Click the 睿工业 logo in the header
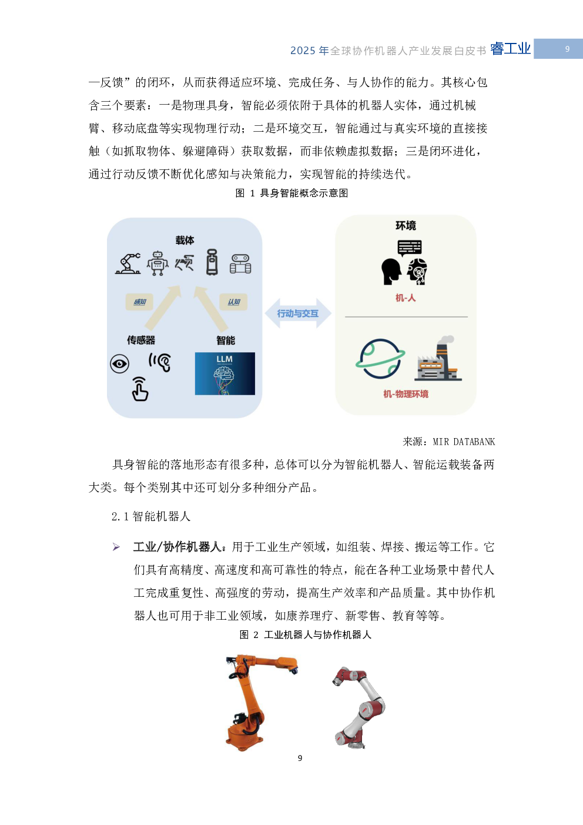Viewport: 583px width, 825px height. pyautogui.click(x=510, y=49)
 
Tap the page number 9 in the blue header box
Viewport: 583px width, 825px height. pyautogui.click(x=567, y=49)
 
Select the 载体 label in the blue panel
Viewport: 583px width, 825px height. pyautogui.click(x=185, y=241)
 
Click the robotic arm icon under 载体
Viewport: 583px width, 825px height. pyautogui.click(x=128, y=263)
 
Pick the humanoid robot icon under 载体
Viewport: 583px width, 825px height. pyautogui.click(x=158, y=263)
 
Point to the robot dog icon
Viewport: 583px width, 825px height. pyautogui.click(x=185, y=263)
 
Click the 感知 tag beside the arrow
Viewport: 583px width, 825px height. pyautogui.click(x=139, y=302)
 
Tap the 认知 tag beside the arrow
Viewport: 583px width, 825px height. pyautogui.click(x=233, y=302)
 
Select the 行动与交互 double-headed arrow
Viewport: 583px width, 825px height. pyautogui.click(x=298, y=313)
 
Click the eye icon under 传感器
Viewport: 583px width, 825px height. pyautogui.click(x=120, y=364)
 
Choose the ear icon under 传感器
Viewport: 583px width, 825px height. pyautogui.click(x=160, y=362)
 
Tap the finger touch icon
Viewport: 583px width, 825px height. pyautogui.click(x=140, y=389)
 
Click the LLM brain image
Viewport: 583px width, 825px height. pyautogui.click(x=225, y=373)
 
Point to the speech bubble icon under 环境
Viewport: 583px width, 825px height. pyautogui.click(x=410, y=248)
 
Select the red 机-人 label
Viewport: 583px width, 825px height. pyautogui.click(x=406, y=298)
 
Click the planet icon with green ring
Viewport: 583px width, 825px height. pyautogui.click(x=380, y=358)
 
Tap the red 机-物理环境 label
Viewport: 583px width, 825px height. pyautogui.click(x=406, y=394)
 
